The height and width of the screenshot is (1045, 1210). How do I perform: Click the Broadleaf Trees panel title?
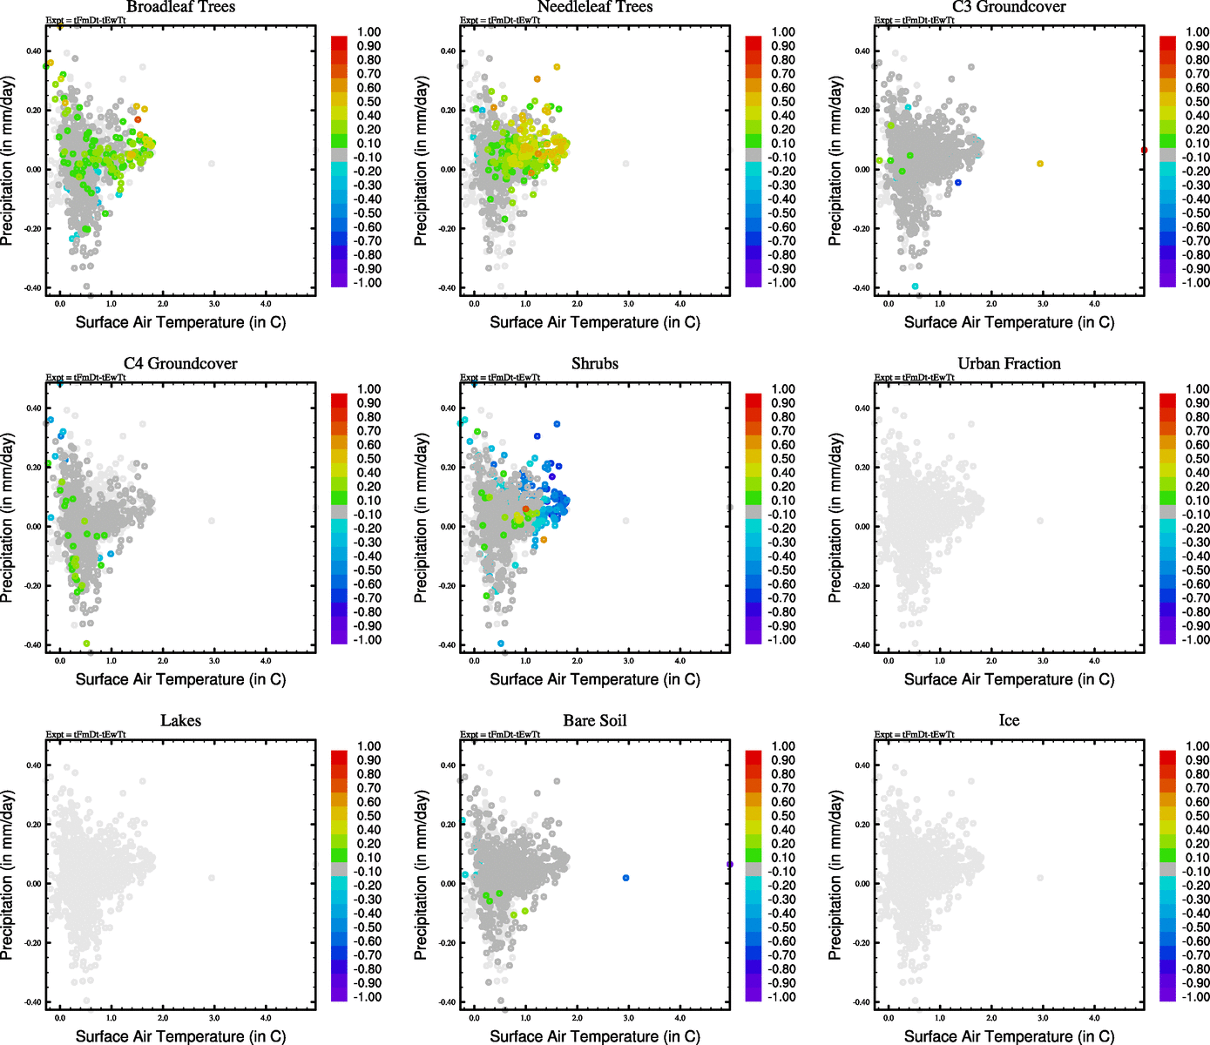pyautogui.click(x=180, y=7)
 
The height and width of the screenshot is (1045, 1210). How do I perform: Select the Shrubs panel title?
pyautogui.click(x=595, y=364)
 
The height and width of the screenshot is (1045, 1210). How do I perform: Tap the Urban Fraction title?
pyautogui.click(x=1009, y=364)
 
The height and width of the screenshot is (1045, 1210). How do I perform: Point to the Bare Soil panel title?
pyautogui.click(x=595, y=721)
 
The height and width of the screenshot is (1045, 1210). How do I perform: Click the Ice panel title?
pyautogui.click(x=1009, y=721)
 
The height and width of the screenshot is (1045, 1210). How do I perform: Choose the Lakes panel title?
pyautogui.click(x=180, y=721)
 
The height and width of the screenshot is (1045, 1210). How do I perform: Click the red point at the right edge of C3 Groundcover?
pyautogui.click(x=1144, y=150)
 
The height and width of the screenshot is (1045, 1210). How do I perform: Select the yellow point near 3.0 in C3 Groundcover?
pyautogui.click(x=1040, y=164)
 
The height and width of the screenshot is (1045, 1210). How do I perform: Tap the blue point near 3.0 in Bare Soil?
pyautogui.click(x=626, y=878)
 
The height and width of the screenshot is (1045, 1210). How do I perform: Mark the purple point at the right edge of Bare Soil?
pyautogui.click(x=730, y=865)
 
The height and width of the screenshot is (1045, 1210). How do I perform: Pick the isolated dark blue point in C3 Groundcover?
pyautogui.click(x=958, y=182)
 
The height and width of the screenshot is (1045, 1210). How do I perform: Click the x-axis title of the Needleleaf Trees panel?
pyautogui.click(x=595, y=322)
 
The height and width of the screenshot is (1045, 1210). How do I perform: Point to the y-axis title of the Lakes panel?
pyautogui.click(x=8, y=875)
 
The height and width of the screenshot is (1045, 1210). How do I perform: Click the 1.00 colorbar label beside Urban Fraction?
pyautogui.click(x=1198, y=389)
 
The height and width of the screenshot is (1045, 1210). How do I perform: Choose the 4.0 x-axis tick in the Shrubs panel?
pyautogui.click(x=680, y=661)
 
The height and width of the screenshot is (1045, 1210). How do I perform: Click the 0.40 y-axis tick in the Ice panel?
pyautogui.click(x=862, y=765)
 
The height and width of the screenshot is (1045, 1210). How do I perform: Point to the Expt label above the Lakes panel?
pyautogui.click(x=85, y=734)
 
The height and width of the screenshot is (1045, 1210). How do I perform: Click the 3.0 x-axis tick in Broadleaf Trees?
pyautogui.click(x=214, y=304)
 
